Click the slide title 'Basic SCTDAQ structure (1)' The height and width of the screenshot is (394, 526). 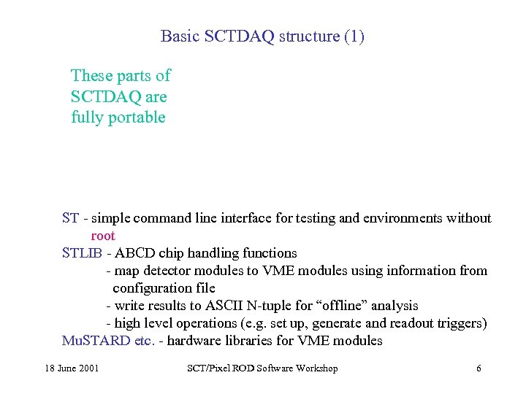click(262, 36)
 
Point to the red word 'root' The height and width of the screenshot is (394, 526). click(103, 236)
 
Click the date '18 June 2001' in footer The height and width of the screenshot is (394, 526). click(71, 368)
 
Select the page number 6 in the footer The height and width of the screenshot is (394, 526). click(479, 368)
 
